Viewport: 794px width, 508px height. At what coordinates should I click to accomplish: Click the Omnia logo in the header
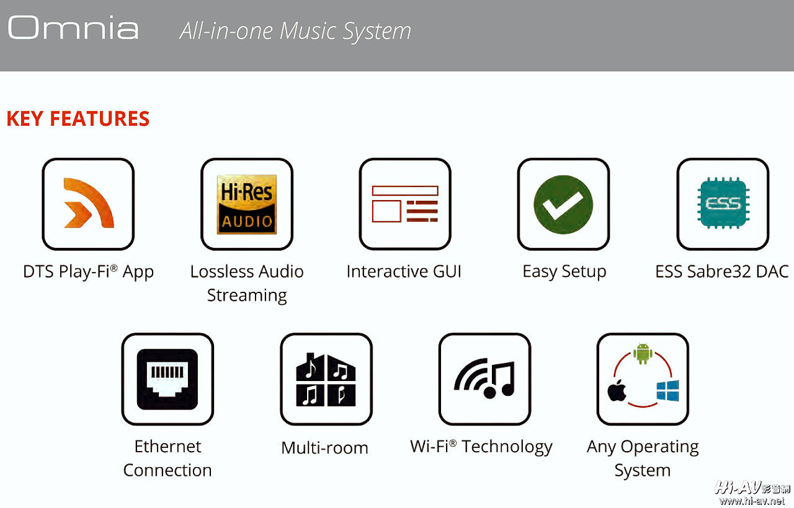click(73, 27)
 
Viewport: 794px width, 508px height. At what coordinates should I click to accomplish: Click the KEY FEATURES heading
click(78, 118)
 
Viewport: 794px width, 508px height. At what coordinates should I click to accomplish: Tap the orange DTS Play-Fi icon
click(89, 203)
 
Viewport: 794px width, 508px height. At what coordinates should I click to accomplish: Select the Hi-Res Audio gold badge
click(247, 204)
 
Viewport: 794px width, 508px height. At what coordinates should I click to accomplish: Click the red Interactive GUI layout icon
click(405, 204)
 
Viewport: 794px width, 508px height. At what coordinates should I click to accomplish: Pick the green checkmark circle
click(563, 204)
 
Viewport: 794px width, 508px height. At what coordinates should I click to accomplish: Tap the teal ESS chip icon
click(723, 203)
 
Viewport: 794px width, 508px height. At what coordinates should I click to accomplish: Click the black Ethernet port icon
click(167, 379)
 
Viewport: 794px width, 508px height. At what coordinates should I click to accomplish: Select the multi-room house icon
click(326, 380)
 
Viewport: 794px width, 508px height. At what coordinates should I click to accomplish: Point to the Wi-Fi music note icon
click(484, 378)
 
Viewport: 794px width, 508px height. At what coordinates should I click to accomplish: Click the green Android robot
click(643, 353)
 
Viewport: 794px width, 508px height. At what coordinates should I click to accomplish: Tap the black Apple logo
click(617, 390)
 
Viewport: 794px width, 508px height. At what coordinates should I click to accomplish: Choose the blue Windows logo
click(668, 391)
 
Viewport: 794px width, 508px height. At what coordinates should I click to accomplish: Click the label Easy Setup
click(564, 272)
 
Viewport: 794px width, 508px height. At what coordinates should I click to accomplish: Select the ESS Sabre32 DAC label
click(722, 271)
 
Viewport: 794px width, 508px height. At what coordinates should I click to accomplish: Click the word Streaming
click(247, 296)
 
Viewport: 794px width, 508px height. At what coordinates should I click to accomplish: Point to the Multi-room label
click(324, 448)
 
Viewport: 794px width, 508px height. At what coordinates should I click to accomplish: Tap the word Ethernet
click(167, 447)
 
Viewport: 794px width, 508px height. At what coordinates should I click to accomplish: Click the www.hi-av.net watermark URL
click(752, 501)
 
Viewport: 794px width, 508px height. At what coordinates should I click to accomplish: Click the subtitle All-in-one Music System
click(295, 31)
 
